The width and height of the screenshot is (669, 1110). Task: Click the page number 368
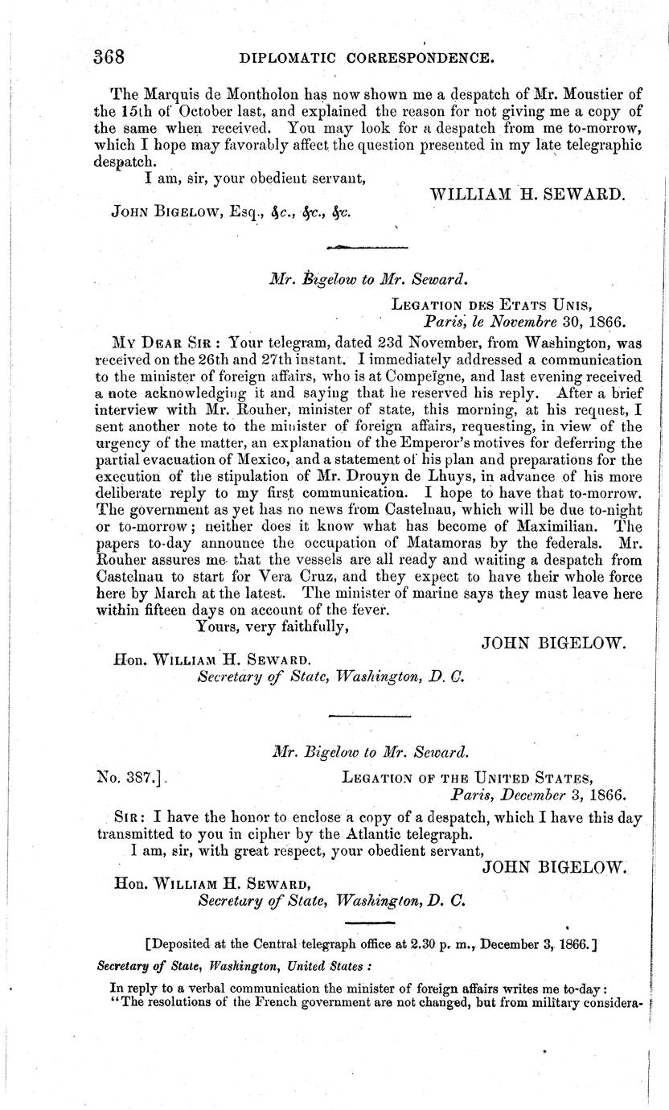point(109,57)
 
